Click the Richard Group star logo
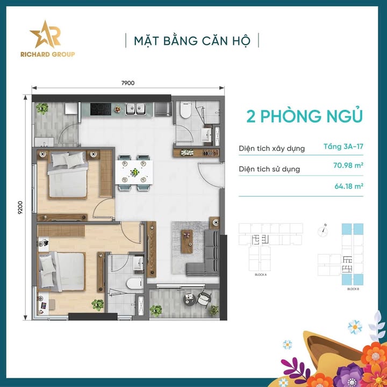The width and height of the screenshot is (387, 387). [45, 35]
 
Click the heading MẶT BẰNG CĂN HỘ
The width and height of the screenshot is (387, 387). [192, 40]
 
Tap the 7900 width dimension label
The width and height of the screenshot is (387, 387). [127, 83]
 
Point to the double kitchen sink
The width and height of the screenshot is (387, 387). [138, 110]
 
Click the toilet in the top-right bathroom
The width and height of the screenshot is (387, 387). [184, 112]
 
